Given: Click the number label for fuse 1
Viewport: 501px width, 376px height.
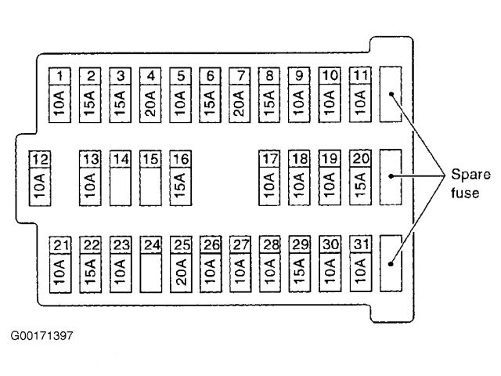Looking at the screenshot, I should (60, 76).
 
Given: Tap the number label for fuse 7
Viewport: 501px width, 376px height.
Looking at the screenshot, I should (240, 76).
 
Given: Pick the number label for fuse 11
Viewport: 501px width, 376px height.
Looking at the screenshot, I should (359, 76).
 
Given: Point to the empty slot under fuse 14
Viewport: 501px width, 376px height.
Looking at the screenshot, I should (120, 186).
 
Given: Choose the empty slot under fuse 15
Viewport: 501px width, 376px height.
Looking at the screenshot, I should (150, 186).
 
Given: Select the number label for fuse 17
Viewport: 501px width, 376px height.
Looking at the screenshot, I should (270, 159).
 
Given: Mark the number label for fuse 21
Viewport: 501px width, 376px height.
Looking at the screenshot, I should (60, 245).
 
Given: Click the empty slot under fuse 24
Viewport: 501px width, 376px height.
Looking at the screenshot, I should (150, 273).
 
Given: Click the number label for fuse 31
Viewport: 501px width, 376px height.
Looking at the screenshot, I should (359, 245).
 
